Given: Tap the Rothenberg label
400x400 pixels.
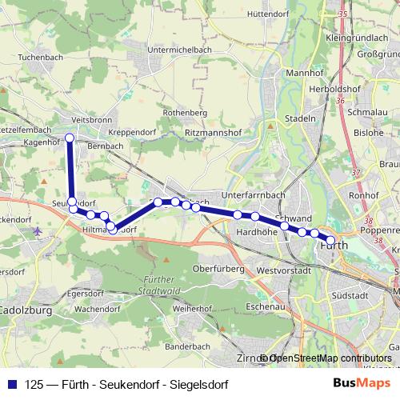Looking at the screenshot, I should pos(185,114).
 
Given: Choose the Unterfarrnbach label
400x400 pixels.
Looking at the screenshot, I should pos(254,195).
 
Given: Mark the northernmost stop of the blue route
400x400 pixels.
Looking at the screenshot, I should pos(69,138).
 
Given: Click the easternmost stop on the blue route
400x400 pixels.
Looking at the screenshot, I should pos(331,240).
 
